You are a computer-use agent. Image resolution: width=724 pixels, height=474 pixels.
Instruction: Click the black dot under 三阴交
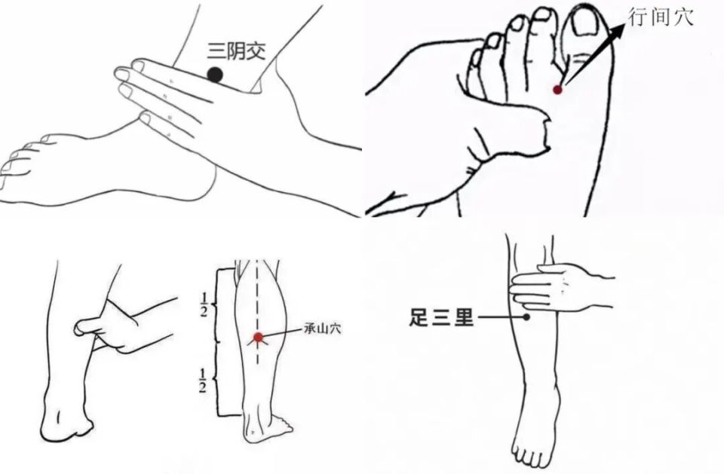[215, 75]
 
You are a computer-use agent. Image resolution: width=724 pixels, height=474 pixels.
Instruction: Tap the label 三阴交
[236, 51]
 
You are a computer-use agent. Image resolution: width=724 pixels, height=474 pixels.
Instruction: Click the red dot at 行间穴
[558, 90]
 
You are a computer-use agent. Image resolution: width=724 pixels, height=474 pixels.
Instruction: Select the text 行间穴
[661, 17]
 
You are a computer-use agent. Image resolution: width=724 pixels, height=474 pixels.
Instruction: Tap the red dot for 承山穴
[258, 338]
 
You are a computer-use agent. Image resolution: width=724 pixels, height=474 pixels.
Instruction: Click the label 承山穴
[323, 329]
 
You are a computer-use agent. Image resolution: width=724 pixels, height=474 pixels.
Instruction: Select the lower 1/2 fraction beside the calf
[203, 381]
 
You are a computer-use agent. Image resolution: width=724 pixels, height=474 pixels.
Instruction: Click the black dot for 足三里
[526, 317]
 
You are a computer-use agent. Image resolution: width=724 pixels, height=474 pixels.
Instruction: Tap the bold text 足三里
[441, 318]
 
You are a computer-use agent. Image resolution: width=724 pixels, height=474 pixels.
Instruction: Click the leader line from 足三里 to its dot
[501, 317]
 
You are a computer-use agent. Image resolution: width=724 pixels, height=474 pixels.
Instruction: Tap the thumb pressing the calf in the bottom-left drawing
[87, 327]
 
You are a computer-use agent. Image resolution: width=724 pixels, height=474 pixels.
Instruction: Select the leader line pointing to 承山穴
[281, 333]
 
